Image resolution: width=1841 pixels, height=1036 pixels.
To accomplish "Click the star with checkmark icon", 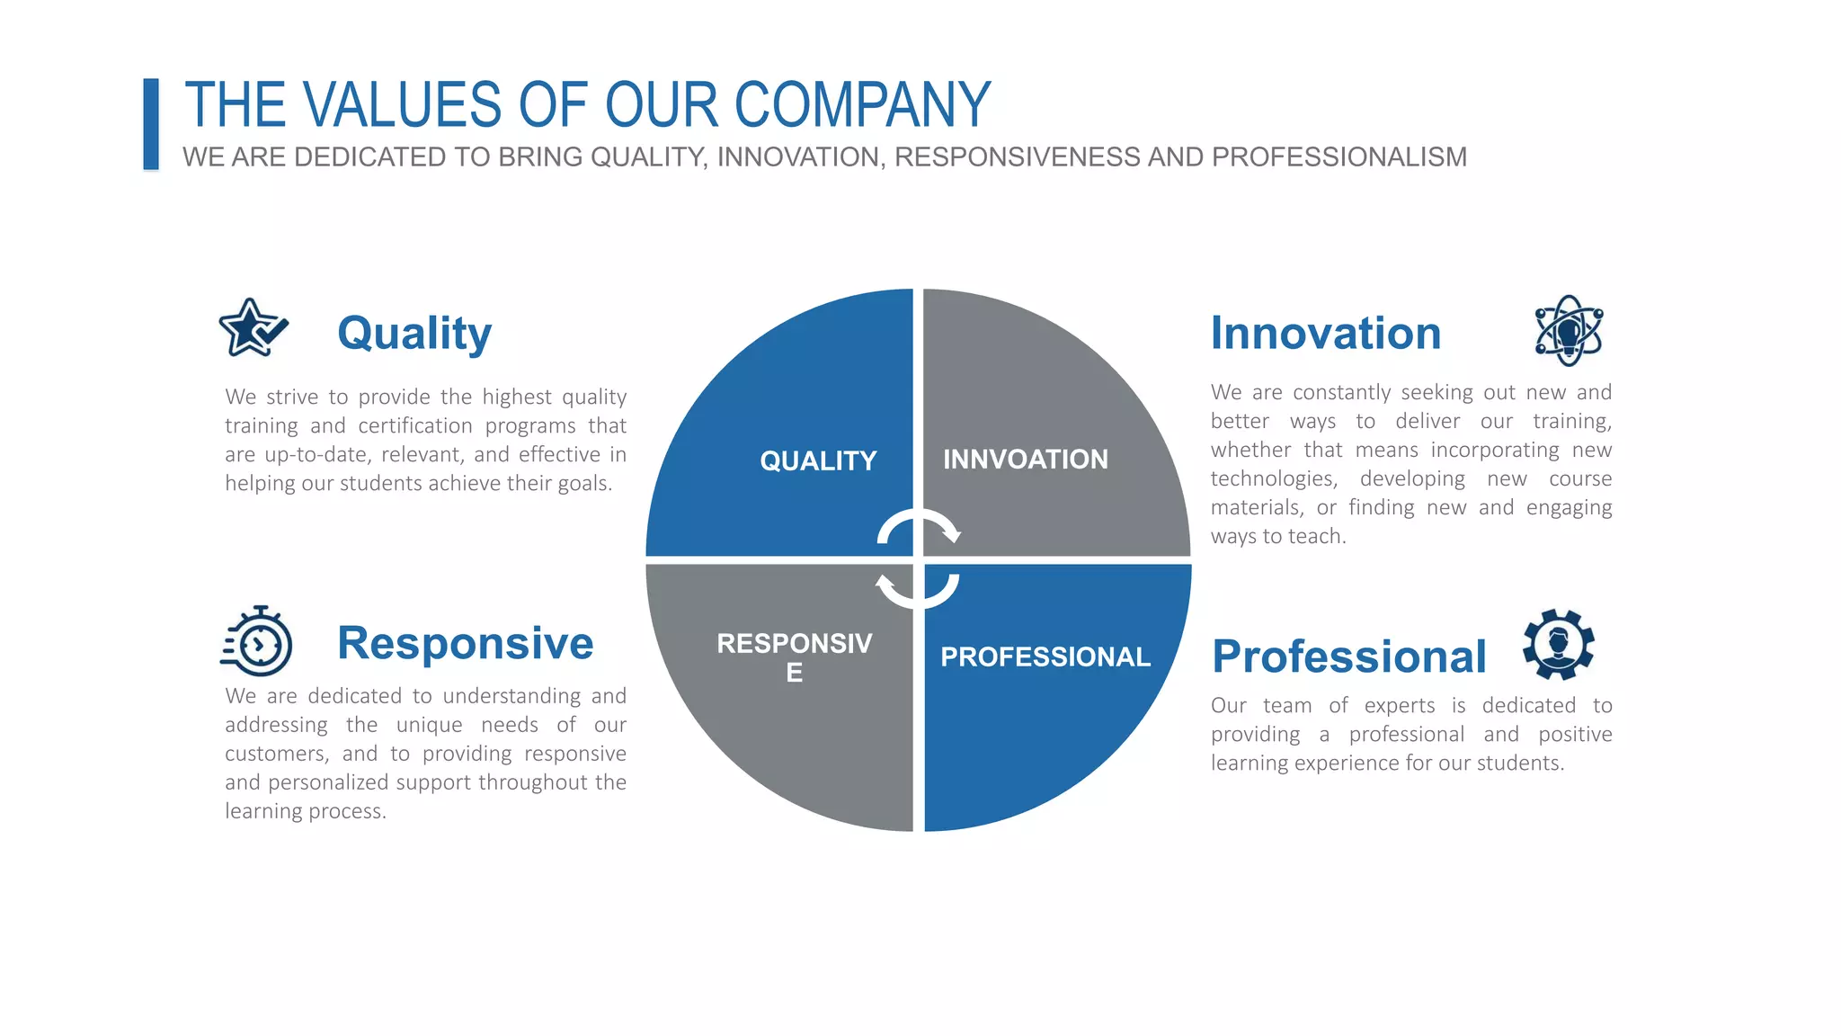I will (x=253, y=329).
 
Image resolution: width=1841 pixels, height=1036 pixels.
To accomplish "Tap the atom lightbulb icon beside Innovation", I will (x=1569, y=331).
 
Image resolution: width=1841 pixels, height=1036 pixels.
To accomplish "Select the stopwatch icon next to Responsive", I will (x=257, y=642).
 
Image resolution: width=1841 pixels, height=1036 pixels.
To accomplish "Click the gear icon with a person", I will (x=1559, y=645).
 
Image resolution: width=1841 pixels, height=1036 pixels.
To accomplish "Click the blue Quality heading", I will (x=414, y=334).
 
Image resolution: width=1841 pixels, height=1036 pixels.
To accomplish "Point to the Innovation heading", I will (x=1325, y=334).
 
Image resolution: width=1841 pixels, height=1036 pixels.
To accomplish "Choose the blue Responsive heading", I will (x=465, y=643).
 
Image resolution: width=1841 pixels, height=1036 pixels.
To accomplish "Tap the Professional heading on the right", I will (x=1348, y=656).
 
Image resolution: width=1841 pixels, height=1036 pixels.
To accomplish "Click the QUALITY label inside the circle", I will (x=818, y=461).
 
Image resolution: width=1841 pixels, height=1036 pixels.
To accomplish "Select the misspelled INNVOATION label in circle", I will (x=1025, y=460).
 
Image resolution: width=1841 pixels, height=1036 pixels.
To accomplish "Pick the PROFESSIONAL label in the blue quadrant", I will (x=1045, y=657).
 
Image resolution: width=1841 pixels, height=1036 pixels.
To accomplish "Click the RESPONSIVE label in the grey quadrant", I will (x=794, y=656).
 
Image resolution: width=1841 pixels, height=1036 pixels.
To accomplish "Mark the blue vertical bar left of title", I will (x=151, y=124).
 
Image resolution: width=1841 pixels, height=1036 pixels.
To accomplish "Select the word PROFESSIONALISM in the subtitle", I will (x=1339, y=157).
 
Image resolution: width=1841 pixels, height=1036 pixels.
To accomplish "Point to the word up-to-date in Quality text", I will (x=316, y=455).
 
